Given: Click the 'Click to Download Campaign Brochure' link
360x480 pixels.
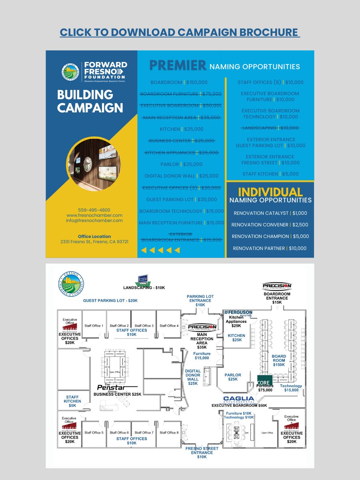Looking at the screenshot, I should click(x=180, y=32).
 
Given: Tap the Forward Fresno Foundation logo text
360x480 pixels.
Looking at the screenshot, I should click(x=104, y=70).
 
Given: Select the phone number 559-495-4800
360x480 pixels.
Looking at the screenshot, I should click(x=94, y=210).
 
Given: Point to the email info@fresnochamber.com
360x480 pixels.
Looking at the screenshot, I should click(x=94, y=220).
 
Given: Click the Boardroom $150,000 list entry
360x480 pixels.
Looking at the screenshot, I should click(x=179, y=82).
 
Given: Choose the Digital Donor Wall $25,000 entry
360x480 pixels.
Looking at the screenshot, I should click(x=181, y=176).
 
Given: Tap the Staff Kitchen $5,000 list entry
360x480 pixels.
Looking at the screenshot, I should click(x=270, y=174).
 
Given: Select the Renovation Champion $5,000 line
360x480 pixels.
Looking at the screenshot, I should click(x=270, y=236).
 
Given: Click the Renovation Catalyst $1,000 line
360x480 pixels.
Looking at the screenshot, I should click(x=270, y=213).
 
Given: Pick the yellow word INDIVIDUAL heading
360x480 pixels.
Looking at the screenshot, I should click(x=270, y=192).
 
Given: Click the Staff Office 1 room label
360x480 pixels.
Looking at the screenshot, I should click(x=94, y=326).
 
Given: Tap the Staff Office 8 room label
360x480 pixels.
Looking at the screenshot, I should click(x=169, y=432).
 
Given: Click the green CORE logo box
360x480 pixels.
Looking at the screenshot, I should click(x=264, y=380).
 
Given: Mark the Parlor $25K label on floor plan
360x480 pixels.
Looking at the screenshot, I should click(x=232, y=377).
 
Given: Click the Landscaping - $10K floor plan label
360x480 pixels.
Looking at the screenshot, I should click(x=144, y=288).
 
